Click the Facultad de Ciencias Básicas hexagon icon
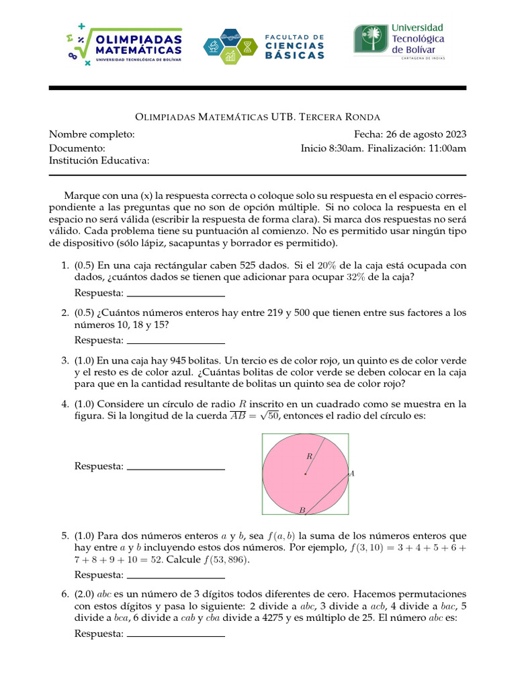pos(230,46)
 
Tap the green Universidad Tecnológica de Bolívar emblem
pos(370,40)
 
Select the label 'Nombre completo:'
pos(92,134)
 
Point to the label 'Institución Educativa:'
pos(99,161)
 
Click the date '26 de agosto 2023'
pos(427,134)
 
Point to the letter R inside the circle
pos(309,456)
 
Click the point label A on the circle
pos(352,474)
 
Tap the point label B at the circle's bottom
pos(302,511)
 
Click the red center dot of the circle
pos(305,474)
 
